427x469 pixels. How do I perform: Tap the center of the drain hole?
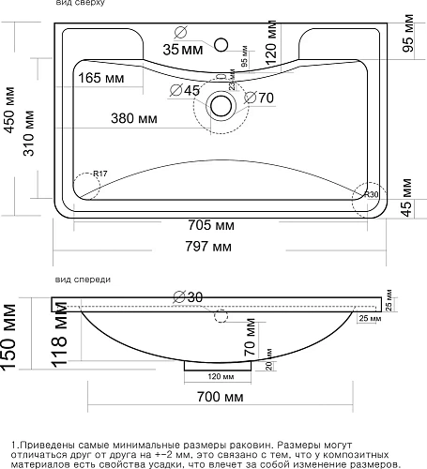click(222, 105)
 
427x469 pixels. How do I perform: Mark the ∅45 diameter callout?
click(186, 90)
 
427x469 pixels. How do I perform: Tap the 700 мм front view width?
click(216, 397)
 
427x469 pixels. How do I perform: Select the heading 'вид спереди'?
click(84, 279)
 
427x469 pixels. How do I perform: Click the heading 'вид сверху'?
click(81, 5)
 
